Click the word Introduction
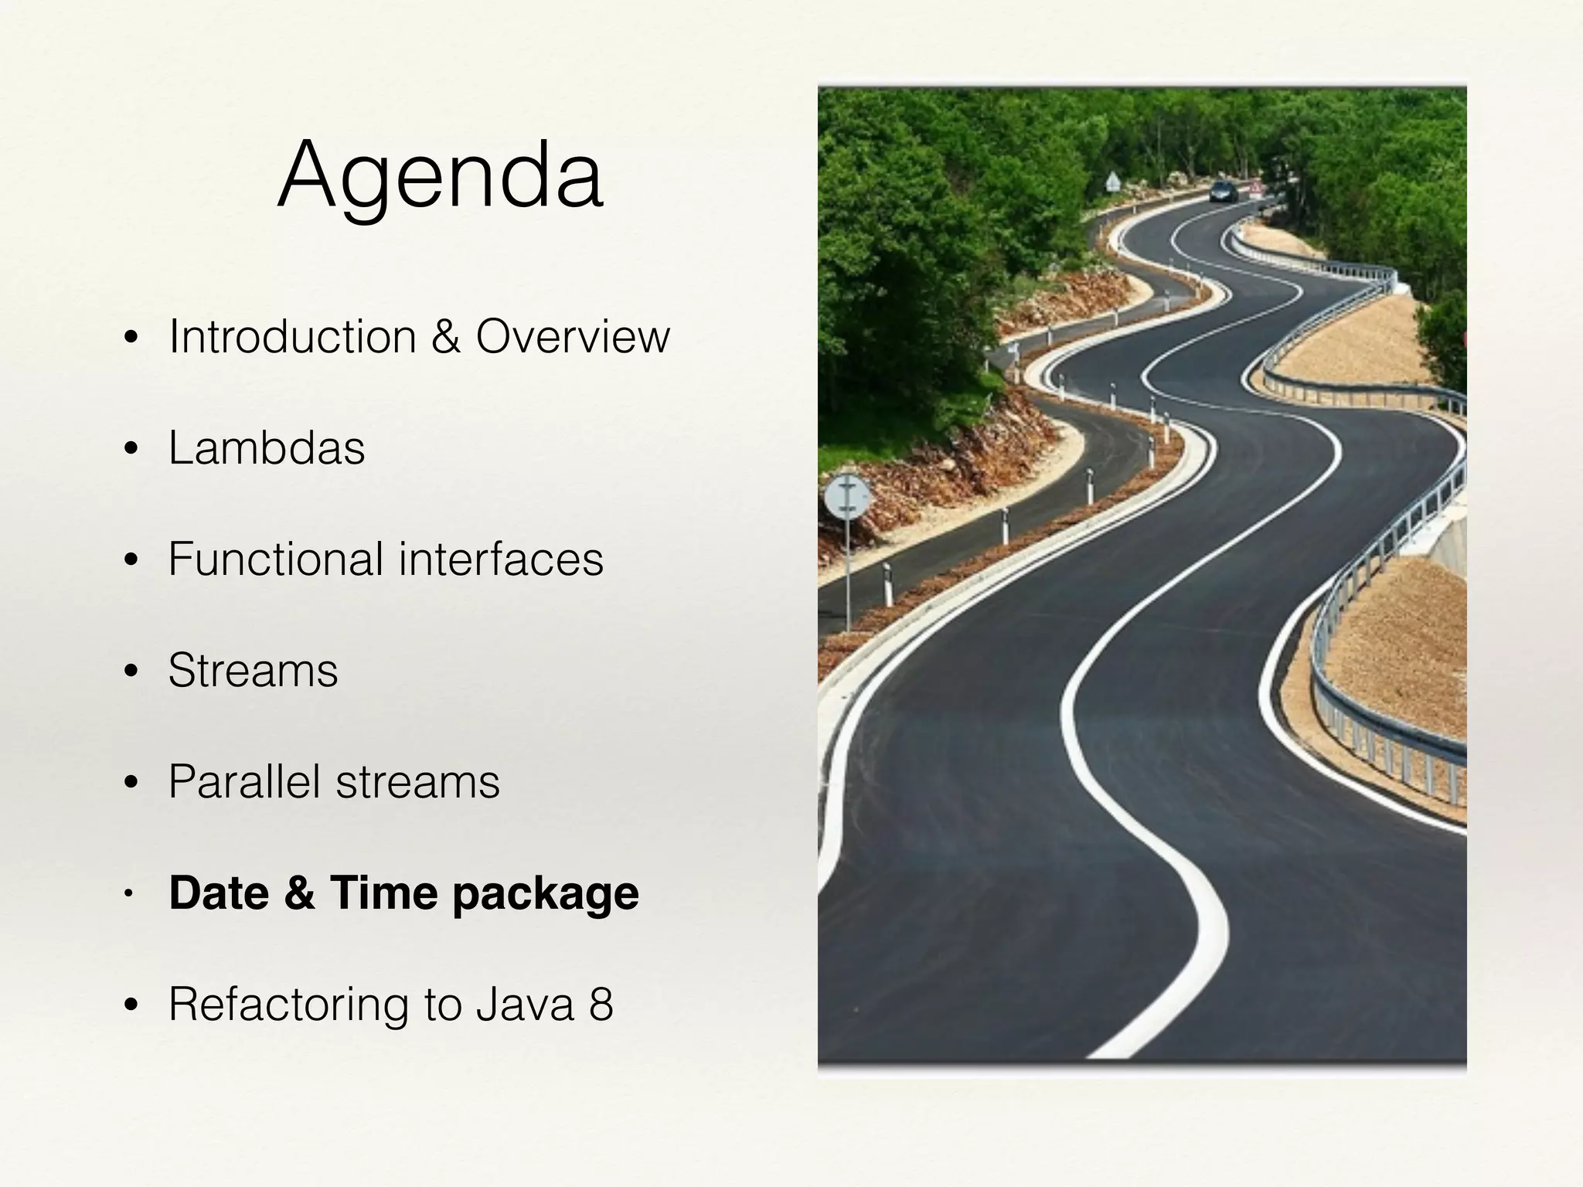coord(292,337)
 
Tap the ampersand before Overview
coord(446,337)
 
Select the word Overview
coord(572,337)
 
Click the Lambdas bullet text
coord(267,448)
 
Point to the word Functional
coord(275,559)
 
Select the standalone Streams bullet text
coord(253,670)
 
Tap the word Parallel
coord(243,781)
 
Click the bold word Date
coord(219,893)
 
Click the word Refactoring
coord(287,1004)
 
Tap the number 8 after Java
coord(601,1004)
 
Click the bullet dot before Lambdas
coord(131,449)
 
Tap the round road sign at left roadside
coord(847,497)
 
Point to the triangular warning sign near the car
coord(1112,182)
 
